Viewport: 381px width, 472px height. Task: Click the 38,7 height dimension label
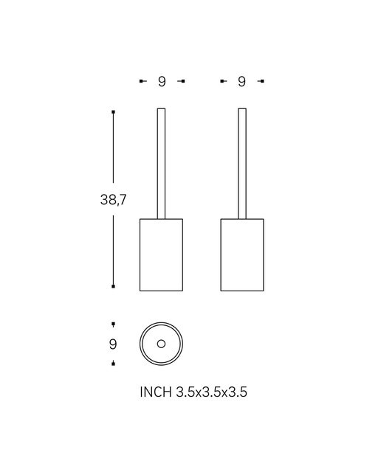[113, 199]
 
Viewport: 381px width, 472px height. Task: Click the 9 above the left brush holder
[162, 81]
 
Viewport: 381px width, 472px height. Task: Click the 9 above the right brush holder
[241, 81]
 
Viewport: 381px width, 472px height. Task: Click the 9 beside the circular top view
[113, 344]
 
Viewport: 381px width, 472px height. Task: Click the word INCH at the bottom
[156, 392]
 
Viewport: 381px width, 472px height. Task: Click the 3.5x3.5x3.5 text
[211, 392]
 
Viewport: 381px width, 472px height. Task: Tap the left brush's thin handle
[161, 164]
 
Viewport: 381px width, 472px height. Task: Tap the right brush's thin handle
[242, 164]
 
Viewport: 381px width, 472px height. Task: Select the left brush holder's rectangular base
[161, 255]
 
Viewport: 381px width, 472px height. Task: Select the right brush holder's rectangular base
[242, 255]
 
